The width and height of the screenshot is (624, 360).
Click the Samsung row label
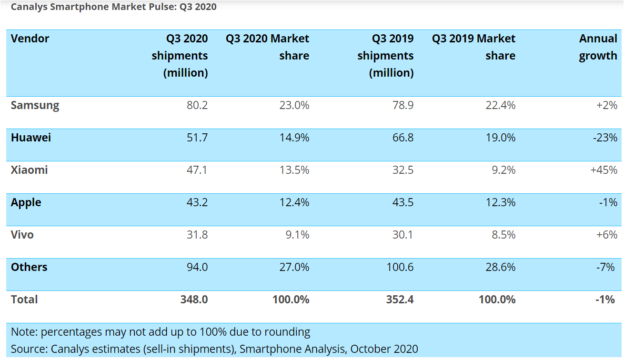[35, 106]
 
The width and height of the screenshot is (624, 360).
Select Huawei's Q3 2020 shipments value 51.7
[197, 138]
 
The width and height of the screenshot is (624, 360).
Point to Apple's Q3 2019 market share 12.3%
[500, 202]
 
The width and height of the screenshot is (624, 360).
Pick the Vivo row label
[22, 235]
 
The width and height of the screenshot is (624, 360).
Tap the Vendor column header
[30, 39]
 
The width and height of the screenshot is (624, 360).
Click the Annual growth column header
[598, 47]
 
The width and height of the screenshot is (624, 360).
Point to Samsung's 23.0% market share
[294, 105]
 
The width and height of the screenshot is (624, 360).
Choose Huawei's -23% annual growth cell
[605, 138]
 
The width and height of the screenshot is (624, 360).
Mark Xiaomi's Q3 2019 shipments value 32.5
[403, 170]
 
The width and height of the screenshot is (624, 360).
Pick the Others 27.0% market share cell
[294, 267]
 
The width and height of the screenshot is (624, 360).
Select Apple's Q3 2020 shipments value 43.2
[197, 202]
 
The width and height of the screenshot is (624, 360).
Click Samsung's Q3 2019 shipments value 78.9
[403, 105]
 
